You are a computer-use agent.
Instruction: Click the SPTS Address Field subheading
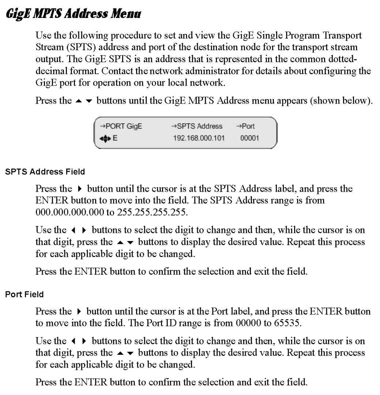click(x=45, y=171)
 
